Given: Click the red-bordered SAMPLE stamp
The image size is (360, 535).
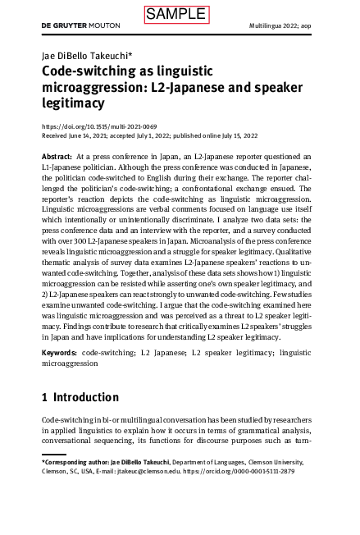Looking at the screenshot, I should [x=176, y=14].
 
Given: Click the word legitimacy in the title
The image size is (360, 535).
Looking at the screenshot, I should [x=73, y=103].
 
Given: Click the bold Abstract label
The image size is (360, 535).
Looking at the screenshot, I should [x=57, y=156].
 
